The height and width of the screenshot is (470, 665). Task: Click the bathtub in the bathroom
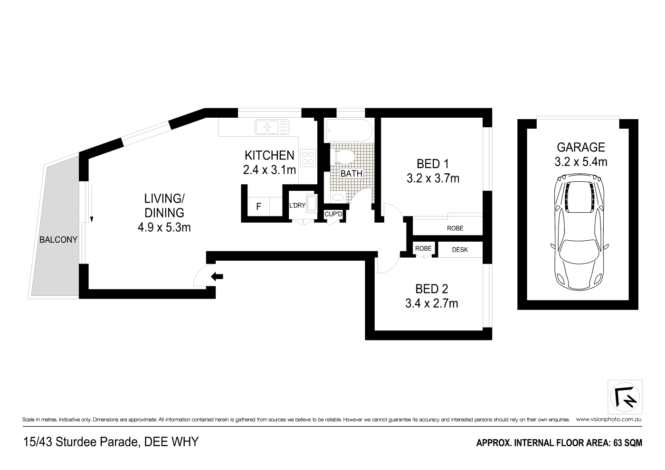pyautogui.click(x=349, y=131)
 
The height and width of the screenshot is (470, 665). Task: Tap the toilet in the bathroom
pyautogui.click(x=342, y=156)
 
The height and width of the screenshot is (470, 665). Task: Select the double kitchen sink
pyautogui.click(x=272, y=127)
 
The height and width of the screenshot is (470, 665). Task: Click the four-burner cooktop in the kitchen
pyautogui.click(x=308, y=158)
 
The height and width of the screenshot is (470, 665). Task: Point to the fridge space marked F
pyautogui.click(x=258, y=206)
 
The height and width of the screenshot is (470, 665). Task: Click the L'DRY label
pyautogui.click(x=297, y=205)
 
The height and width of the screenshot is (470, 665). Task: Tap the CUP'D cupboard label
pyautogui.click(x=333, y=214)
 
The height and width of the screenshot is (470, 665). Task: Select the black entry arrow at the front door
pyautogui.click(x=217, y=276)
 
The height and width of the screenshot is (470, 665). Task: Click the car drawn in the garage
pyautogui.click(x=579, y=232)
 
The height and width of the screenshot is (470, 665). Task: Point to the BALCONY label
pyautogui.click(x=58, y=239)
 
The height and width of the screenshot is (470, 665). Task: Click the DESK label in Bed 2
pyautogui.click(x=460, y=250)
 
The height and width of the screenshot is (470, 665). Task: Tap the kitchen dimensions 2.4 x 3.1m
pyautogui.click(x=269, y=170)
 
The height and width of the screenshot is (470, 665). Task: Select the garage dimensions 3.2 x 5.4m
pyautogui.click(x=580, y=162)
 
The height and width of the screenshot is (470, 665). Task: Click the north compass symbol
pyautogui.click(x=625, y=397)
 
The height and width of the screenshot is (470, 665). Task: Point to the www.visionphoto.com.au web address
pyautogui.click(x=608, y=420)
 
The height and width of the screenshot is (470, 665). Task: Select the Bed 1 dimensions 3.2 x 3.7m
pyautogui.click(x=433, y=179)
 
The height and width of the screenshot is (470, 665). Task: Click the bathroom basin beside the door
pyautogui.click(x=337, y=197)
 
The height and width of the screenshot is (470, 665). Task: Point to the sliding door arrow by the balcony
pyautogui.click(x=92, y=203)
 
